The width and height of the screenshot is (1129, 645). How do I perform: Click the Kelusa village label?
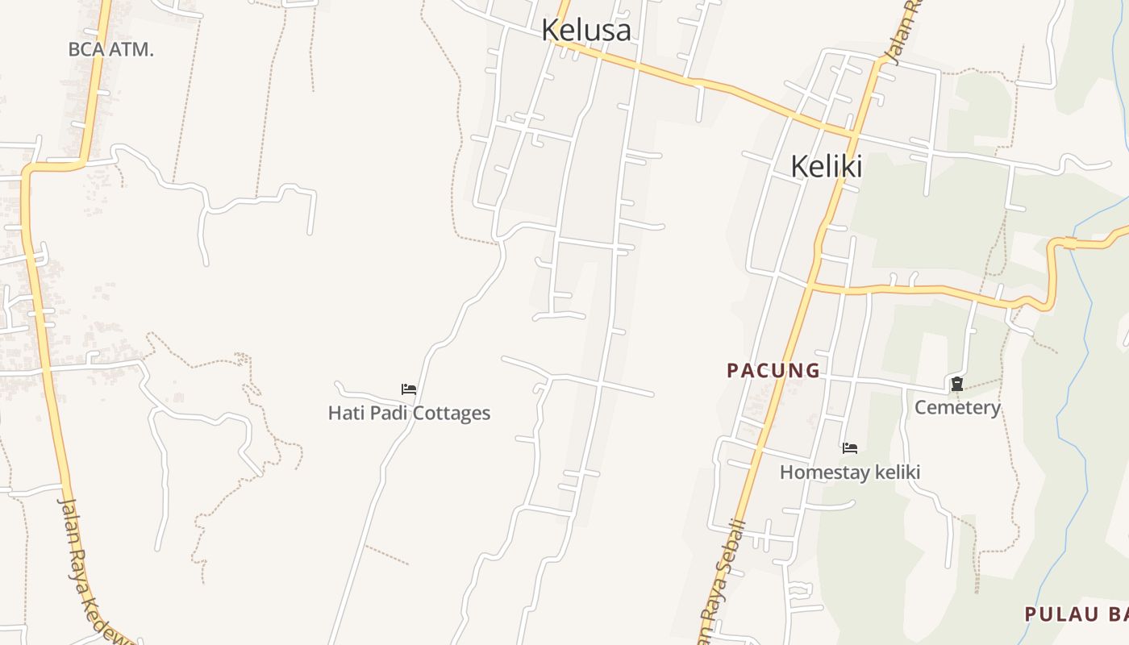[x=585, y=30]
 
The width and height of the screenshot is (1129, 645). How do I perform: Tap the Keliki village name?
[x=826, y=166]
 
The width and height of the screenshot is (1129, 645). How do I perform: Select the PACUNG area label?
[x=773, y=370]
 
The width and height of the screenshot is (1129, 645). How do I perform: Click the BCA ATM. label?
[x=110, y=49]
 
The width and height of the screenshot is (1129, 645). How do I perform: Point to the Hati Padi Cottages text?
[x=409, y=413]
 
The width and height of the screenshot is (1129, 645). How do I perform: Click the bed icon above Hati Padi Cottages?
[x=409, y=389]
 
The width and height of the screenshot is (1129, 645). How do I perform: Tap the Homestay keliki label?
[x=849, y=472]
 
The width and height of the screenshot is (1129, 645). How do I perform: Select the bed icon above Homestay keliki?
[x=849, y=447]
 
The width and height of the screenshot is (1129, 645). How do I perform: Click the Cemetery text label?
[x=956, y=407]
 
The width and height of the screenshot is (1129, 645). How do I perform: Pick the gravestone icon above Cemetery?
[x=956, y=384]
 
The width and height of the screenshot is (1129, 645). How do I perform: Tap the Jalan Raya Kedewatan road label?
[x=91, y=569]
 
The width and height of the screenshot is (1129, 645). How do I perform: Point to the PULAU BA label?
[x=1076, y=614]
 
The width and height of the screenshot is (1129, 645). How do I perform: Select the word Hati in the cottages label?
[x=344, y=413]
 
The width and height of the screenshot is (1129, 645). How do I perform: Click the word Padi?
[x=383, y=413]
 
